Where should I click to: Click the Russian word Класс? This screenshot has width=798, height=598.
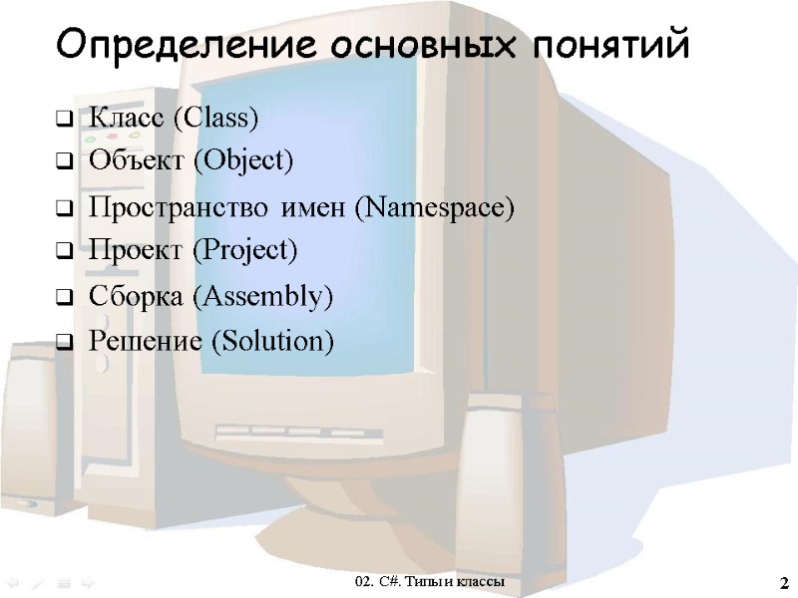click(128, 119)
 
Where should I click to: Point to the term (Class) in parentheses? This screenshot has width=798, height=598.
click(215, 119)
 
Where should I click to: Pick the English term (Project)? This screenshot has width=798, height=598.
click(243, 249)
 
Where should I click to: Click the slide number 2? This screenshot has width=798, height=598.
click(782, 581)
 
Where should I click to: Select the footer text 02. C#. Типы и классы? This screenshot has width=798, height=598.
click(430, 580)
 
